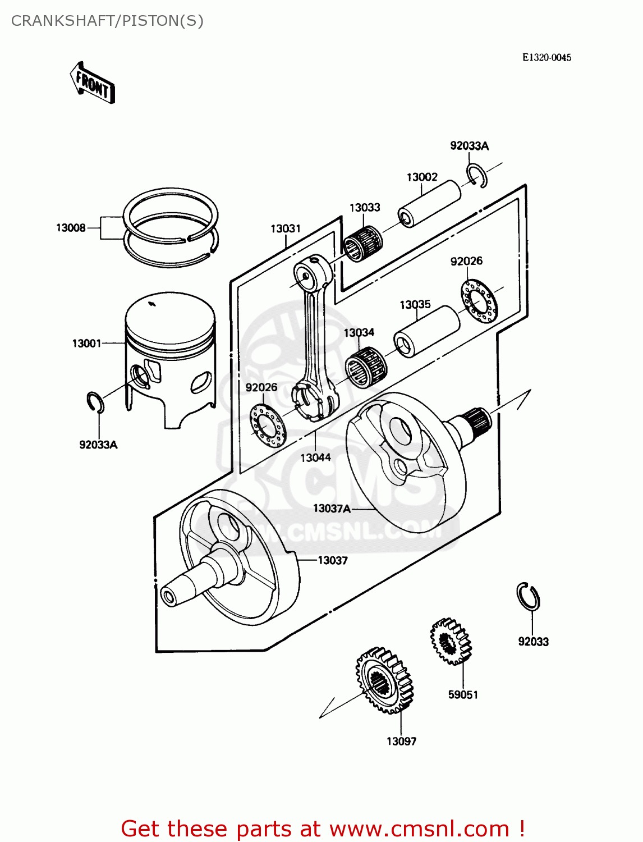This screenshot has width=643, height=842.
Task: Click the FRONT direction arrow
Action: coord(93,83)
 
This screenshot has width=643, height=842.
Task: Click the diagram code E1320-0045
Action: coord(546,57)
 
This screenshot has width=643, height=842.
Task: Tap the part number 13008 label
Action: coord(71,228)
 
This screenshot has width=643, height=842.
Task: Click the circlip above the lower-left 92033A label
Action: coord(95,402)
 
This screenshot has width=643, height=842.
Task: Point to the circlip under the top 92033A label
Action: coord(476,175)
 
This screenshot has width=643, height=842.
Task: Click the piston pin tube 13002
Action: coord(429,204)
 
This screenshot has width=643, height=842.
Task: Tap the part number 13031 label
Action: coord(286,229)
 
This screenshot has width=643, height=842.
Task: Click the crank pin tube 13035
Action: coord(426,331)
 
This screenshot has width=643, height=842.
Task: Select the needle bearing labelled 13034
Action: coord(366,367)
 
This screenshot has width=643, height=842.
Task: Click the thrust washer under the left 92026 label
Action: coord(268,425)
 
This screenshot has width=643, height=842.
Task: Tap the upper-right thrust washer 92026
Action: coord(479,301)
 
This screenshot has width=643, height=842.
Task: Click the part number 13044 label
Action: coord(315,458)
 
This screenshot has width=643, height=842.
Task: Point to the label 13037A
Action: coord(332,509)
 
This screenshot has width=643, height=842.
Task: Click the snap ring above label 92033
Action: coord(528,596)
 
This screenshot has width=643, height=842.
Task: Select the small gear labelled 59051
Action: coord(451,642)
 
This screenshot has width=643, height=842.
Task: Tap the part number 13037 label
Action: coord(333,560)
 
